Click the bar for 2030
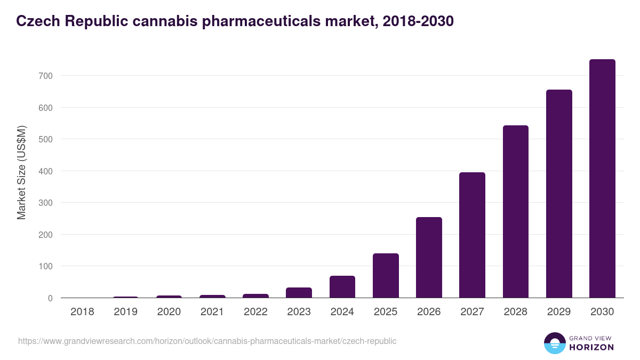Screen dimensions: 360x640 point(602,179)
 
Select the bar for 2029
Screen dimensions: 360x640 point(559,194)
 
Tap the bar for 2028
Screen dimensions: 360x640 point(515,212)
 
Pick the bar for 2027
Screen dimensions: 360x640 point(472,235)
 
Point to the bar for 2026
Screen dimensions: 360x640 point(429,258)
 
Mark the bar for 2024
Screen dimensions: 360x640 point(342,287)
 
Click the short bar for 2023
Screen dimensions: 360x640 point(299,293)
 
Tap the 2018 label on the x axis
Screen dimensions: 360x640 point(82,312)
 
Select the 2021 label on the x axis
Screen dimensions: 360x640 point(212,312)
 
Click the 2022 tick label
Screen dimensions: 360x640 point(255,312)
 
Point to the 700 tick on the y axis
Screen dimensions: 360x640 point(46,76)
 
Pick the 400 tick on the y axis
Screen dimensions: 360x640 point(46,171)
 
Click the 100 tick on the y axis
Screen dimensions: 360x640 point(46,266)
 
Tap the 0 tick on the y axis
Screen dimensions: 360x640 point(50,298)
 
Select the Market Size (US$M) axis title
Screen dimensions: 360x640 point(21,172)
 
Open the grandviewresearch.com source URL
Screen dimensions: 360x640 point(207,341)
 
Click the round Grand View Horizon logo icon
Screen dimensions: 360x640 point(554,343)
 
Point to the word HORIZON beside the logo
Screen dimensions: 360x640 point(591,347)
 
